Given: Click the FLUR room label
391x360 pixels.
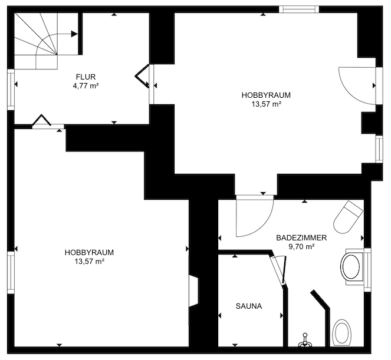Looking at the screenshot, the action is tap(86, 77).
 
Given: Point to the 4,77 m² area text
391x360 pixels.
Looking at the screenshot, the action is tap(86, 86).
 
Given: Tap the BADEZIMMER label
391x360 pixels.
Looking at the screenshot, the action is tap(301, 237).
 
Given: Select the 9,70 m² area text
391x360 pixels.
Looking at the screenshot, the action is tap(301, 247).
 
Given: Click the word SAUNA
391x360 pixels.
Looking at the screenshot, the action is tap(249, 306).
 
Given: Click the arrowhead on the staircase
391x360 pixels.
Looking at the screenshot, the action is tap(74, 34).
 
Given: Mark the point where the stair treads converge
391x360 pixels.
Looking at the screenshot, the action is tap(57, 54).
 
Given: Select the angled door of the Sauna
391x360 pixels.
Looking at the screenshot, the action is tap(279, 270).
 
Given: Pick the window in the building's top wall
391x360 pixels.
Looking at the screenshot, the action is tap(299, 9).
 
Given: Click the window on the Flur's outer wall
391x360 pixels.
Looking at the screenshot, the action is tap(11, 89).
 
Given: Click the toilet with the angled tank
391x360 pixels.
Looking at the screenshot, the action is tap(348, 217).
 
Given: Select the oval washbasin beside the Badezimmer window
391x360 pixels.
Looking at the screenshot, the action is tap(351, 267).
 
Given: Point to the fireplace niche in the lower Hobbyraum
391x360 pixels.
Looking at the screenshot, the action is tap(194, 290).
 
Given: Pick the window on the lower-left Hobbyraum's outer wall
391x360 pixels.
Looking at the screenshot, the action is tap(11, 272).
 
